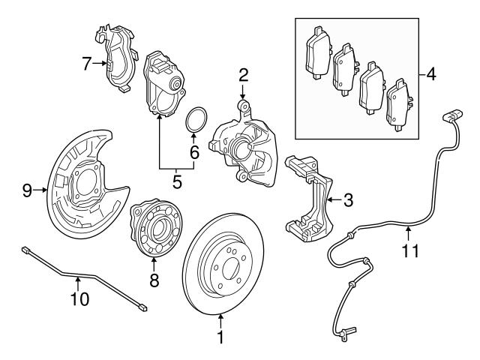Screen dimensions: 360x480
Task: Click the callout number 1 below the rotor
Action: (220, 337)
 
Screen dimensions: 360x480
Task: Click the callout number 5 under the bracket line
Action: (178, 181)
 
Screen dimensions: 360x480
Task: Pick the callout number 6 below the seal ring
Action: (194, 151)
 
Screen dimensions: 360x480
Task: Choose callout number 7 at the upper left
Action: (87, 63)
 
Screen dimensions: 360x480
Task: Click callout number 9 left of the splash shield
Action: (27, 191)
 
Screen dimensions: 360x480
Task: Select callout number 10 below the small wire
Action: (79, 299)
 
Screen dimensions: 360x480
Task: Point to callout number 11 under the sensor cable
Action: (408, 251)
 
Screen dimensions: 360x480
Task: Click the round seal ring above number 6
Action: (196, 119)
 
